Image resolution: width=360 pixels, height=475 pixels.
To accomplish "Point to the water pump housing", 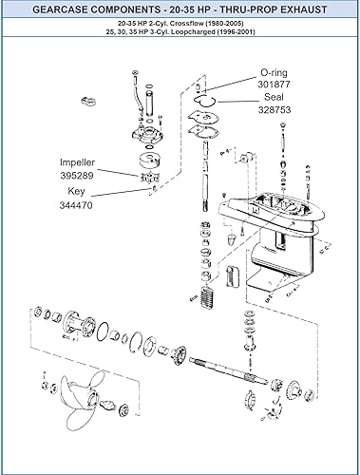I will pos(145,120).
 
